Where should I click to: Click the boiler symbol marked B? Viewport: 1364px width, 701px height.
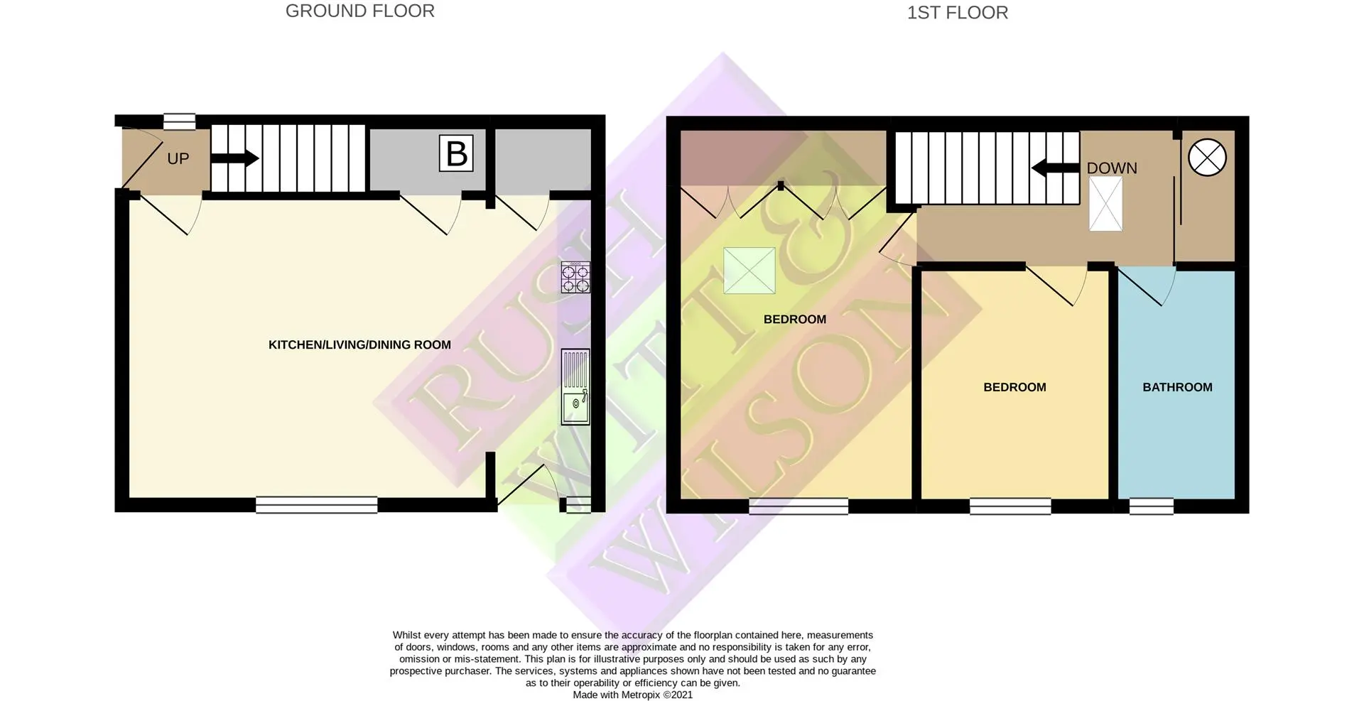(x=456, y=153)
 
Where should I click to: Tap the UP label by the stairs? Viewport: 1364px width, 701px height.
(x=178, y=158)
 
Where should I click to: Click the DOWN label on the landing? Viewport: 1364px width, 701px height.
(x=1112, y=168)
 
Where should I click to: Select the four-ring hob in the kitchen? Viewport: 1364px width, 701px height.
(x=575, y=277)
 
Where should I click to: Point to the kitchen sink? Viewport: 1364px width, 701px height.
(x=575, y=386)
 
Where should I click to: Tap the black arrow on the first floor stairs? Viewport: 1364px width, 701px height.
(x=1055, y=168)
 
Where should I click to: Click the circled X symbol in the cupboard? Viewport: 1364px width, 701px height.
(x=1207, y=157)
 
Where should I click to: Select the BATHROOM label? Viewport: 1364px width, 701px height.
(x=1177, y=387)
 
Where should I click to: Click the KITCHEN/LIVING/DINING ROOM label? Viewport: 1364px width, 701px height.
(x=359, y=345)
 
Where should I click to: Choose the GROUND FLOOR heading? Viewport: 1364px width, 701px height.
(x=360, y=11)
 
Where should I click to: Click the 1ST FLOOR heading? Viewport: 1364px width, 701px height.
(x=957, y=13)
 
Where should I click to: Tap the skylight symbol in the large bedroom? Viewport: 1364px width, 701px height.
(x=749, y=271)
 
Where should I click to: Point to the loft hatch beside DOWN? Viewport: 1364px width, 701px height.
(x=1106, y=204)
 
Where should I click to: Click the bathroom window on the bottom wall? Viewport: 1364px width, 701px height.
(x=1152, y=506)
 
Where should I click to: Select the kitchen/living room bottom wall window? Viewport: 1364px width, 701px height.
(x=317, y=504)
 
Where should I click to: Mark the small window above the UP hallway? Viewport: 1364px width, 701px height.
(x=179, y=121)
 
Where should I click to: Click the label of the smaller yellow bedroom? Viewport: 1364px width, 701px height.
(x=1014, y=387)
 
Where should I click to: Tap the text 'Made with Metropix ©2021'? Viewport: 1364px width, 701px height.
(x=633, y=695)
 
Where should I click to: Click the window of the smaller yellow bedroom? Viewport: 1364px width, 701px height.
(x=1010, y=506)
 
